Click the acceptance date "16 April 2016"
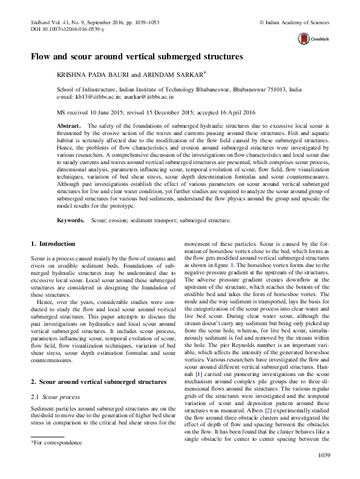click(x=241, y=113)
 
